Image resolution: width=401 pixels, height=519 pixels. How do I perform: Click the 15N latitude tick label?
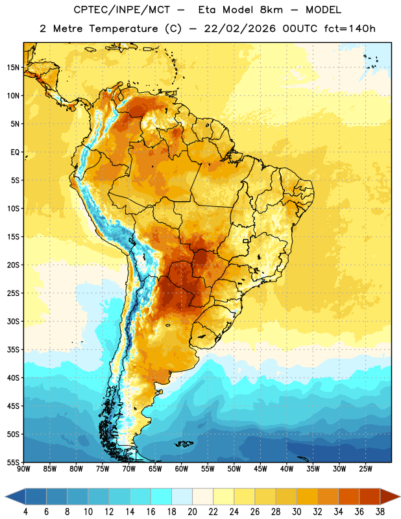tap(13, 67)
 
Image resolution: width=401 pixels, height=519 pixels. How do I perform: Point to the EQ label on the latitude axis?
tap(15, 152)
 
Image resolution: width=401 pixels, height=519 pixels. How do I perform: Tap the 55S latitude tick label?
tap(13, 462)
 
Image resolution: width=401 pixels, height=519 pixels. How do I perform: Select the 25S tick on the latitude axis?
tap(13, 293)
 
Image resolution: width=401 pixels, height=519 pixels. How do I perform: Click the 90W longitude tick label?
tap(23, 469)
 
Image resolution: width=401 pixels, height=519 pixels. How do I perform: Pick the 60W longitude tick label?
tap(182, 469)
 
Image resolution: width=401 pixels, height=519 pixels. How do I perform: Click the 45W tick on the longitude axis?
tap(260, 469)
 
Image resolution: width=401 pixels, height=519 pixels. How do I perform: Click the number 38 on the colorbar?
tap(380, 512)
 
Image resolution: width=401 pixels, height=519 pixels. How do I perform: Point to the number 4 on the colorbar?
tap(25, 512)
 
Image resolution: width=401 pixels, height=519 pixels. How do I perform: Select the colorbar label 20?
tap(192, 512)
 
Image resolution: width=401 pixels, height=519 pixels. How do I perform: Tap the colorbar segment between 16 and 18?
tap(162, 497)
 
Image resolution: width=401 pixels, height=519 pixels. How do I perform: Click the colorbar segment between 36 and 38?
tap(370, 497)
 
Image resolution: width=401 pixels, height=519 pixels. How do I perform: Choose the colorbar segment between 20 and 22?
tap(202, 497)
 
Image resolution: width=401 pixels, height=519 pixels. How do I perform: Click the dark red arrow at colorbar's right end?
tap(389, 497)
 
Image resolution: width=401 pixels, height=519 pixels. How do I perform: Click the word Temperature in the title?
tap(124, 29)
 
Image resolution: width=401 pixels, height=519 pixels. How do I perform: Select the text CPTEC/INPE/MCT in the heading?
tap(121, 10)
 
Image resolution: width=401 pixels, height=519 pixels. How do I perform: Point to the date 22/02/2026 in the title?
tap(239, 29)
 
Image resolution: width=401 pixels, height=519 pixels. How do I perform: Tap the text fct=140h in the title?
tap(350, 29)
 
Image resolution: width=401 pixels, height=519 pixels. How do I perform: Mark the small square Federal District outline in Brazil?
tap(246, 241)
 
